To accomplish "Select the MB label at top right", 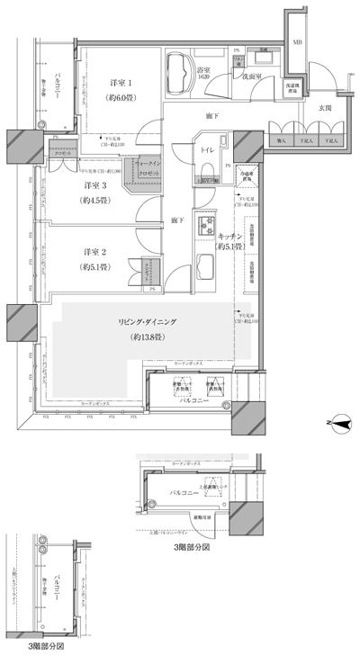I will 297,41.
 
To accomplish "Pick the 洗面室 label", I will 249,77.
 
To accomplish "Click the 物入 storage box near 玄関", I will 280,140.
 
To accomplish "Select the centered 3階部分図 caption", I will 192,545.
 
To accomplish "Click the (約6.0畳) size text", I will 119,96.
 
